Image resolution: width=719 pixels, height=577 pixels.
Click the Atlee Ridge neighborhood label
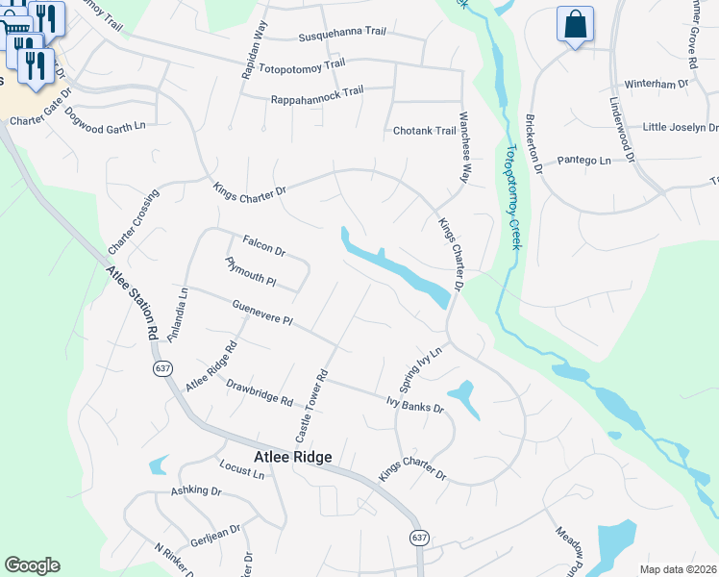coord(292,458)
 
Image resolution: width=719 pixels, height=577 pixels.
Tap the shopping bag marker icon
coord(575,24)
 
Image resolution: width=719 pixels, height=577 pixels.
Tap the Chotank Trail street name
coord(424,131)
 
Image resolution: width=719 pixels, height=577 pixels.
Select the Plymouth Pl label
coord(251,272)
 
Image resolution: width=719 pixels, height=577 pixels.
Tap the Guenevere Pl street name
coord(261,313)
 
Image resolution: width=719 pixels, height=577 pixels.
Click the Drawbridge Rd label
coord(260,394)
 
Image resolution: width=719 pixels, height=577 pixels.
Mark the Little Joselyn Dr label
coord(680,127)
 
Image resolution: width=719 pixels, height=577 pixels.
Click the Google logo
coord(32,565)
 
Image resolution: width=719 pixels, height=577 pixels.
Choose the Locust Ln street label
coord(241,472)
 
